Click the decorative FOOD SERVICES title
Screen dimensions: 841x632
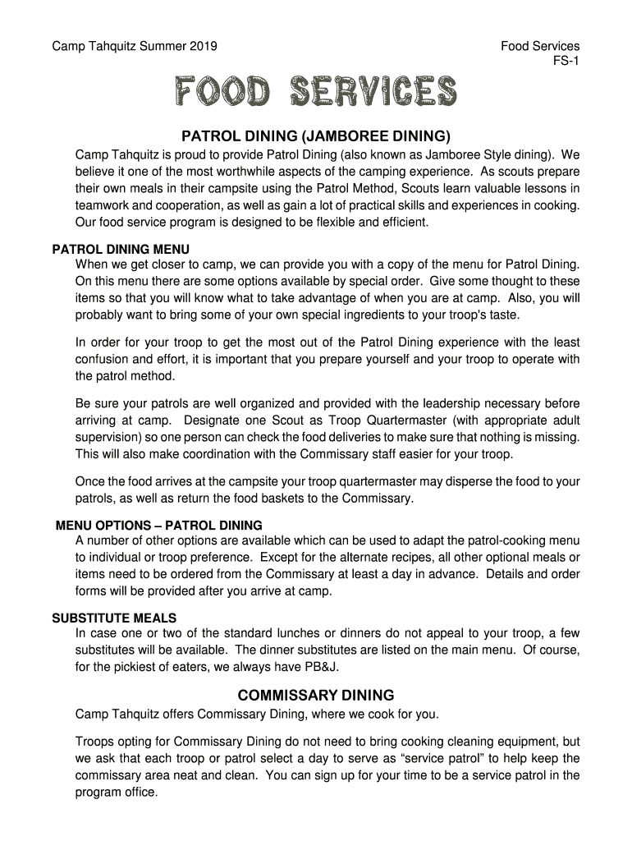pos(314,92)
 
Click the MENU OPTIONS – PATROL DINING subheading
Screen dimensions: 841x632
pos(159,525)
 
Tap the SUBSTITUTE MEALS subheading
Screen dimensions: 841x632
pos(114,618)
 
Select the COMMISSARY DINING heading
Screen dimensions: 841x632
pos(316,695)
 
